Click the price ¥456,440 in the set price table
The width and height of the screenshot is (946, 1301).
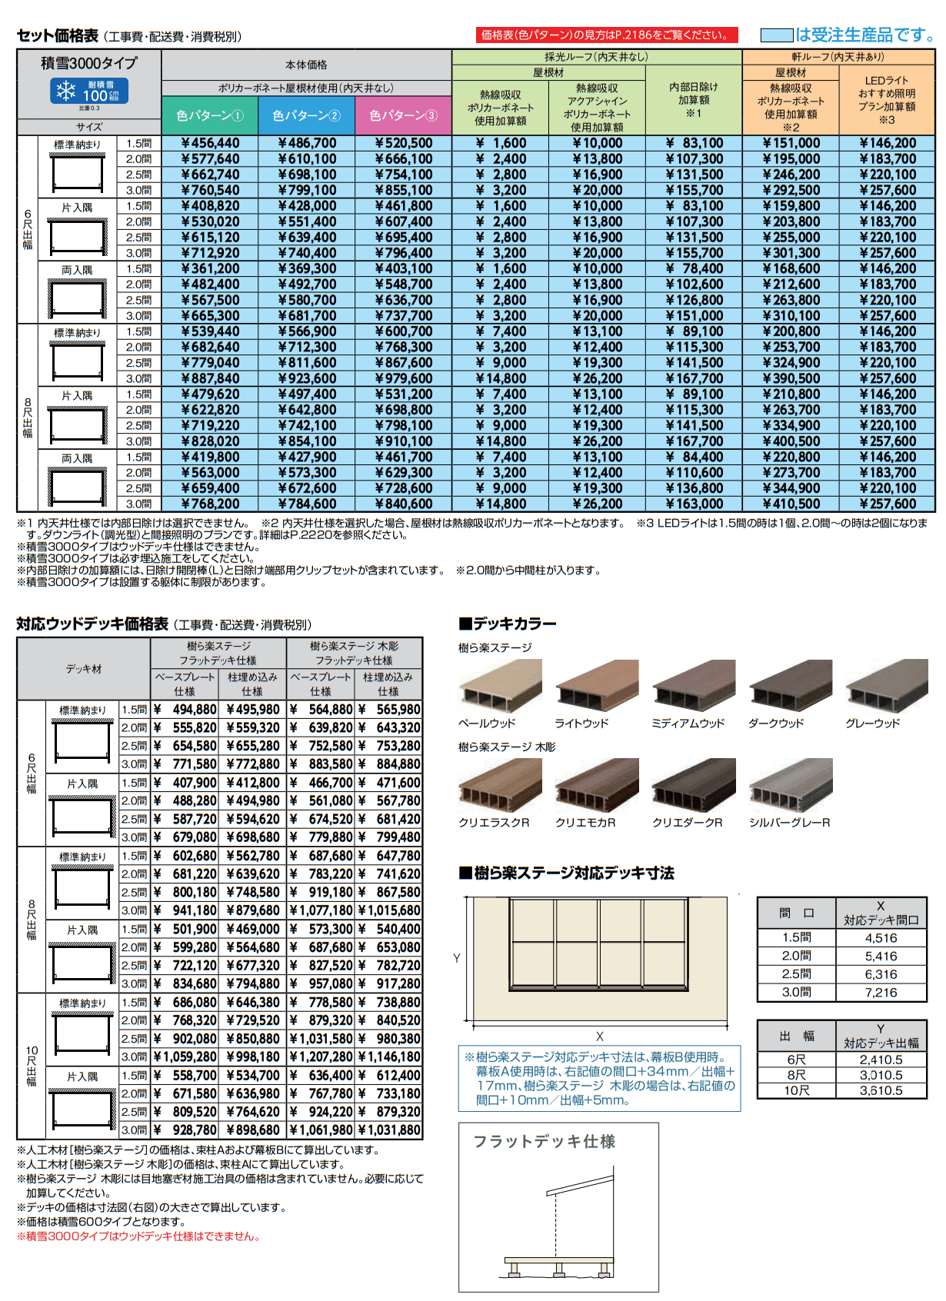tap(210, 143)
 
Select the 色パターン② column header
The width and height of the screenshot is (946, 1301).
tap(306, 115)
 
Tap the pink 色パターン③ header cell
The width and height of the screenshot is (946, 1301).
tap(403, 115)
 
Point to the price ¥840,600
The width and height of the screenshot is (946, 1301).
tap(404, 504)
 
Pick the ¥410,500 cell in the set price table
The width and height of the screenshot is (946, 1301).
tap(791, 504)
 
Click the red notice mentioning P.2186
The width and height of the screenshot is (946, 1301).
tap(607, 35)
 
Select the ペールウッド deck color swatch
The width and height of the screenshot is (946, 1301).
tap(500, 686)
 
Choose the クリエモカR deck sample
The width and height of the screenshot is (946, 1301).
tap(597, 785)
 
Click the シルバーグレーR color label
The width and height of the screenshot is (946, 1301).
tap(790, 823)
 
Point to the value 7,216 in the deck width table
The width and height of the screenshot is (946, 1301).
tap(881, 993)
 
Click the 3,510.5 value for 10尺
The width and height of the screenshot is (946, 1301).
tap(881, 1090)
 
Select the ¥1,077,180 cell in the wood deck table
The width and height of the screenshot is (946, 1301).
tap(321, 910)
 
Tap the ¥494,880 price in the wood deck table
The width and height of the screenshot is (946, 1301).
tap(185, 710)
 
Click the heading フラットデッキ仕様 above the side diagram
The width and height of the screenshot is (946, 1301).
tap(545, 1142)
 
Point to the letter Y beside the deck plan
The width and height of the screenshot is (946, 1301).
tap(457, 958)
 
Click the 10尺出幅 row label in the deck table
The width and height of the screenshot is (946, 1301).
tap(32, 1066)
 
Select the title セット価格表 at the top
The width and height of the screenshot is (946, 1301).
tap(58, 35)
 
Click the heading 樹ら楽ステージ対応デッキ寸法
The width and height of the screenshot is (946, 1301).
tap(573, 873)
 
